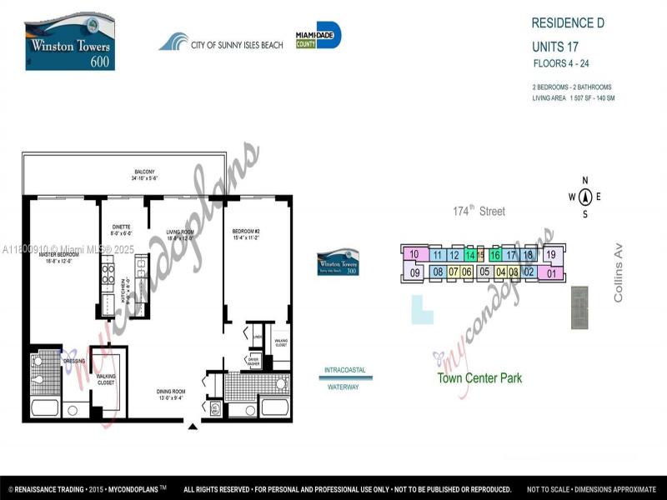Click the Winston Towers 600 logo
tap(70, 41)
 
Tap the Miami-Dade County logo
tap(318, 36)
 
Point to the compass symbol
tap(585, 197)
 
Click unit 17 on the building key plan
tap(511, 255)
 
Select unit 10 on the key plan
tap(414, 254)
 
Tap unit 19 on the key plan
tap(550, 255)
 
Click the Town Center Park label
tap(479, 378)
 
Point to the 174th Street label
tap(479, 212)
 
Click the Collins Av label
tap(619, 282)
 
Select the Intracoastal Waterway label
tap(345, 378)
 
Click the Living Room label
tap(180, 234)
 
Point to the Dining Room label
tap(173, 393)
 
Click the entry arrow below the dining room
tap(193, 427)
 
